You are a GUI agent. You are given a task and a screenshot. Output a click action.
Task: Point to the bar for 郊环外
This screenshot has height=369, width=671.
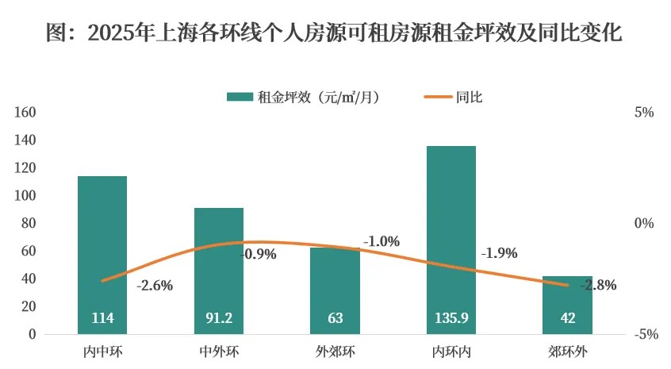click(x=567, y=302)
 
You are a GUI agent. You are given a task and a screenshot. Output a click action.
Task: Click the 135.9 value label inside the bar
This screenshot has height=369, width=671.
click(x=451, y=319)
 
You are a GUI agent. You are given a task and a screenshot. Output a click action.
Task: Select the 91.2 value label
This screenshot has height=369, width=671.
click(x=219, y=319)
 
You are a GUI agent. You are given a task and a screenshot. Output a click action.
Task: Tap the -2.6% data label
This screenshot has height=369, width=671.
click(x=155, y=286)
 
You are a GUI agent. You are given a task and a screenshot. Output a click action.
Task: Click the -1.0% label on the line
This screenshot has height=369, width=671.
click(x=382, y=241)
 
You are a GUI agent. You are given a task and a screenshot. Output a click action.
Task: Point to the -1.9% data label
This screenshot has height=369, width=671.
click(x=499, y=254)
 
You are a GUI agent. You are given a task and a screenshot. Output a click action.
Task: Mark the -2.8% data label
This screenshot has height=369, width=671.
click(x=599, y=286)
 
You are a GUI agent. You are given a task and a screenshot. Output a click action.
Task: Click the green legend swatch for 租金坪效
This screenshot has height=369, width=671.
click(x=240, y=98)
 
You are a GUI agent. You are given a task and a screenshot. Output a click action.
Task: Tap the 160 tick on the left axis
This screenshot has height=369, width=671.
click(x=26, y=113)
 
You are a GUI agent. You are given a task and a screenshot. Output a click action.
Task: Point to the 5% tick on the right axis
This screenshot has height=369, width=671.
click(x=643, y=113)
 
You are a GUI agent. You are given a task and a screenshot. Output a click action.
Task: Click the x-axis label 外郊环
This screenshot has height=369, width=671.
click(x=335, y=351)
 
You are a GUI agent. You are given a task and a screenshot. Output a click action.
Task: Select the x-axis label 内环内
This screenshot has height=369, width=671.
click(x=451, y=351)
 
